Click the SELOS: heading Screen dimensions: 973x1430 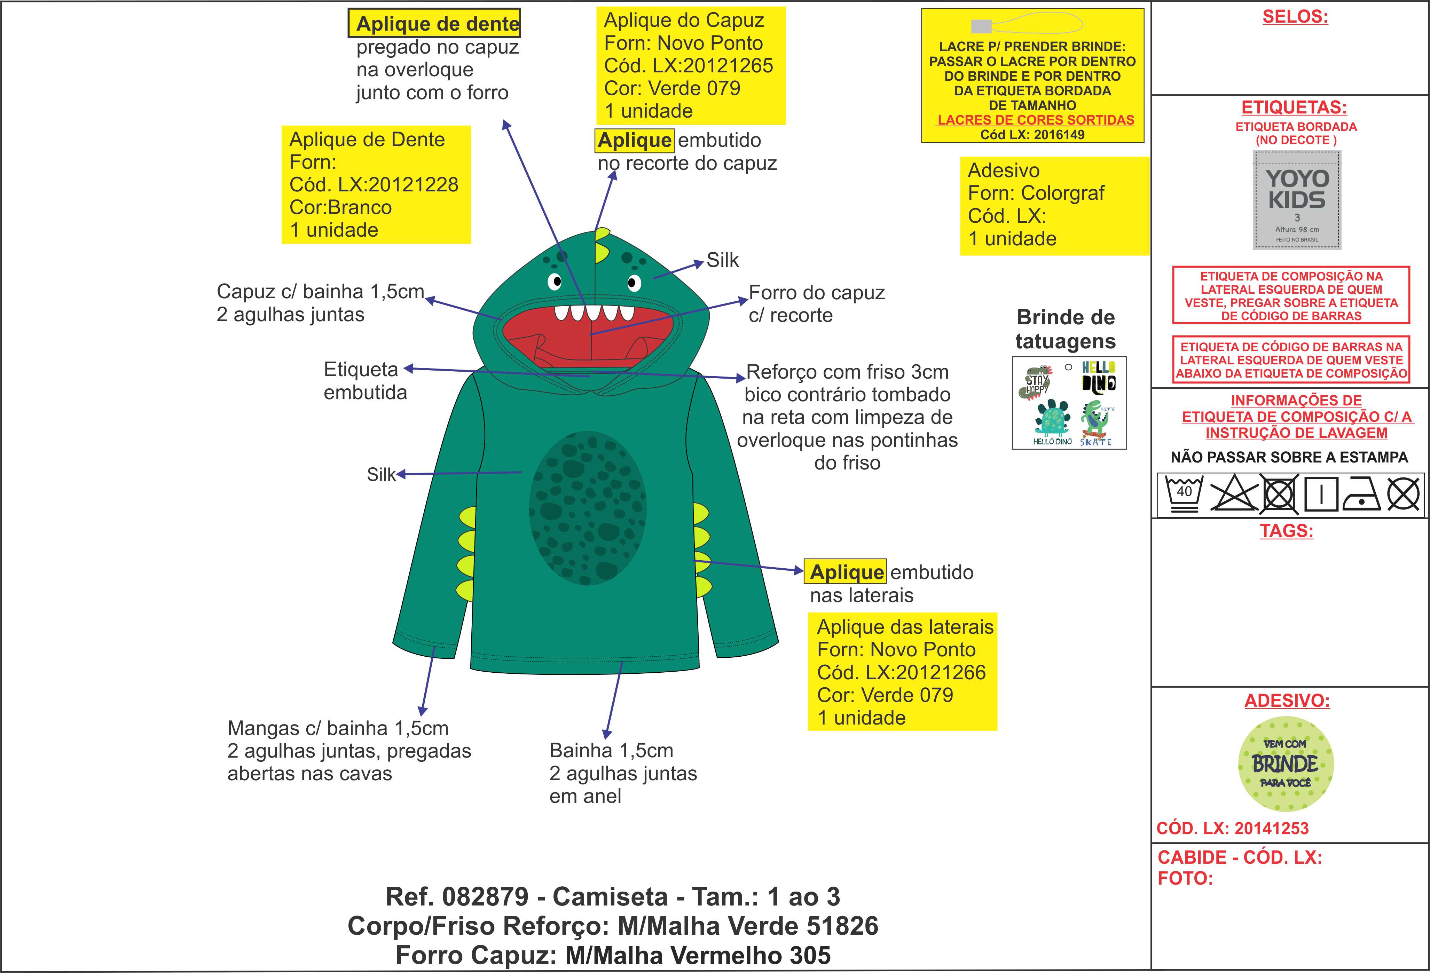tap(1295, 17)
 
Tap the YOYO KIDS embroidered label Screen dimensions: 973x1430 tap(1296, 200)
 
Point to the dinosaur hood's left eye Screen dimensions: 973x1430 tap(555, 282)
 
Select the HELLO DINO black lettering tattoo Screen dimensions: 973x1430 tap(1098, 377)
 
